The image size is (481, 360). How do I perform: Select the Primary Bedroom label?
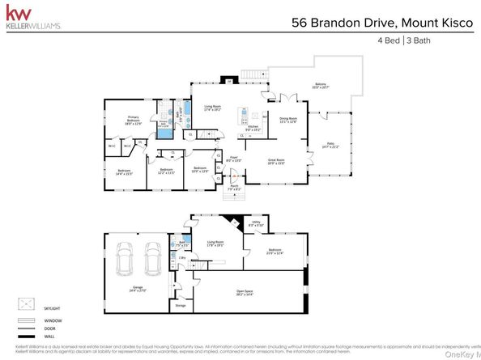point(133,120)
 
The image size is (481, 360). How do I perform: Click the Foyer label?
point(234,160)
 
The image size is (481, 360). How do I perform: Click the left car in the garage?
point(125,259)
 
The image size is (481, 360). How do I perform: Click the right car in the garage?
point(152,259)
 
